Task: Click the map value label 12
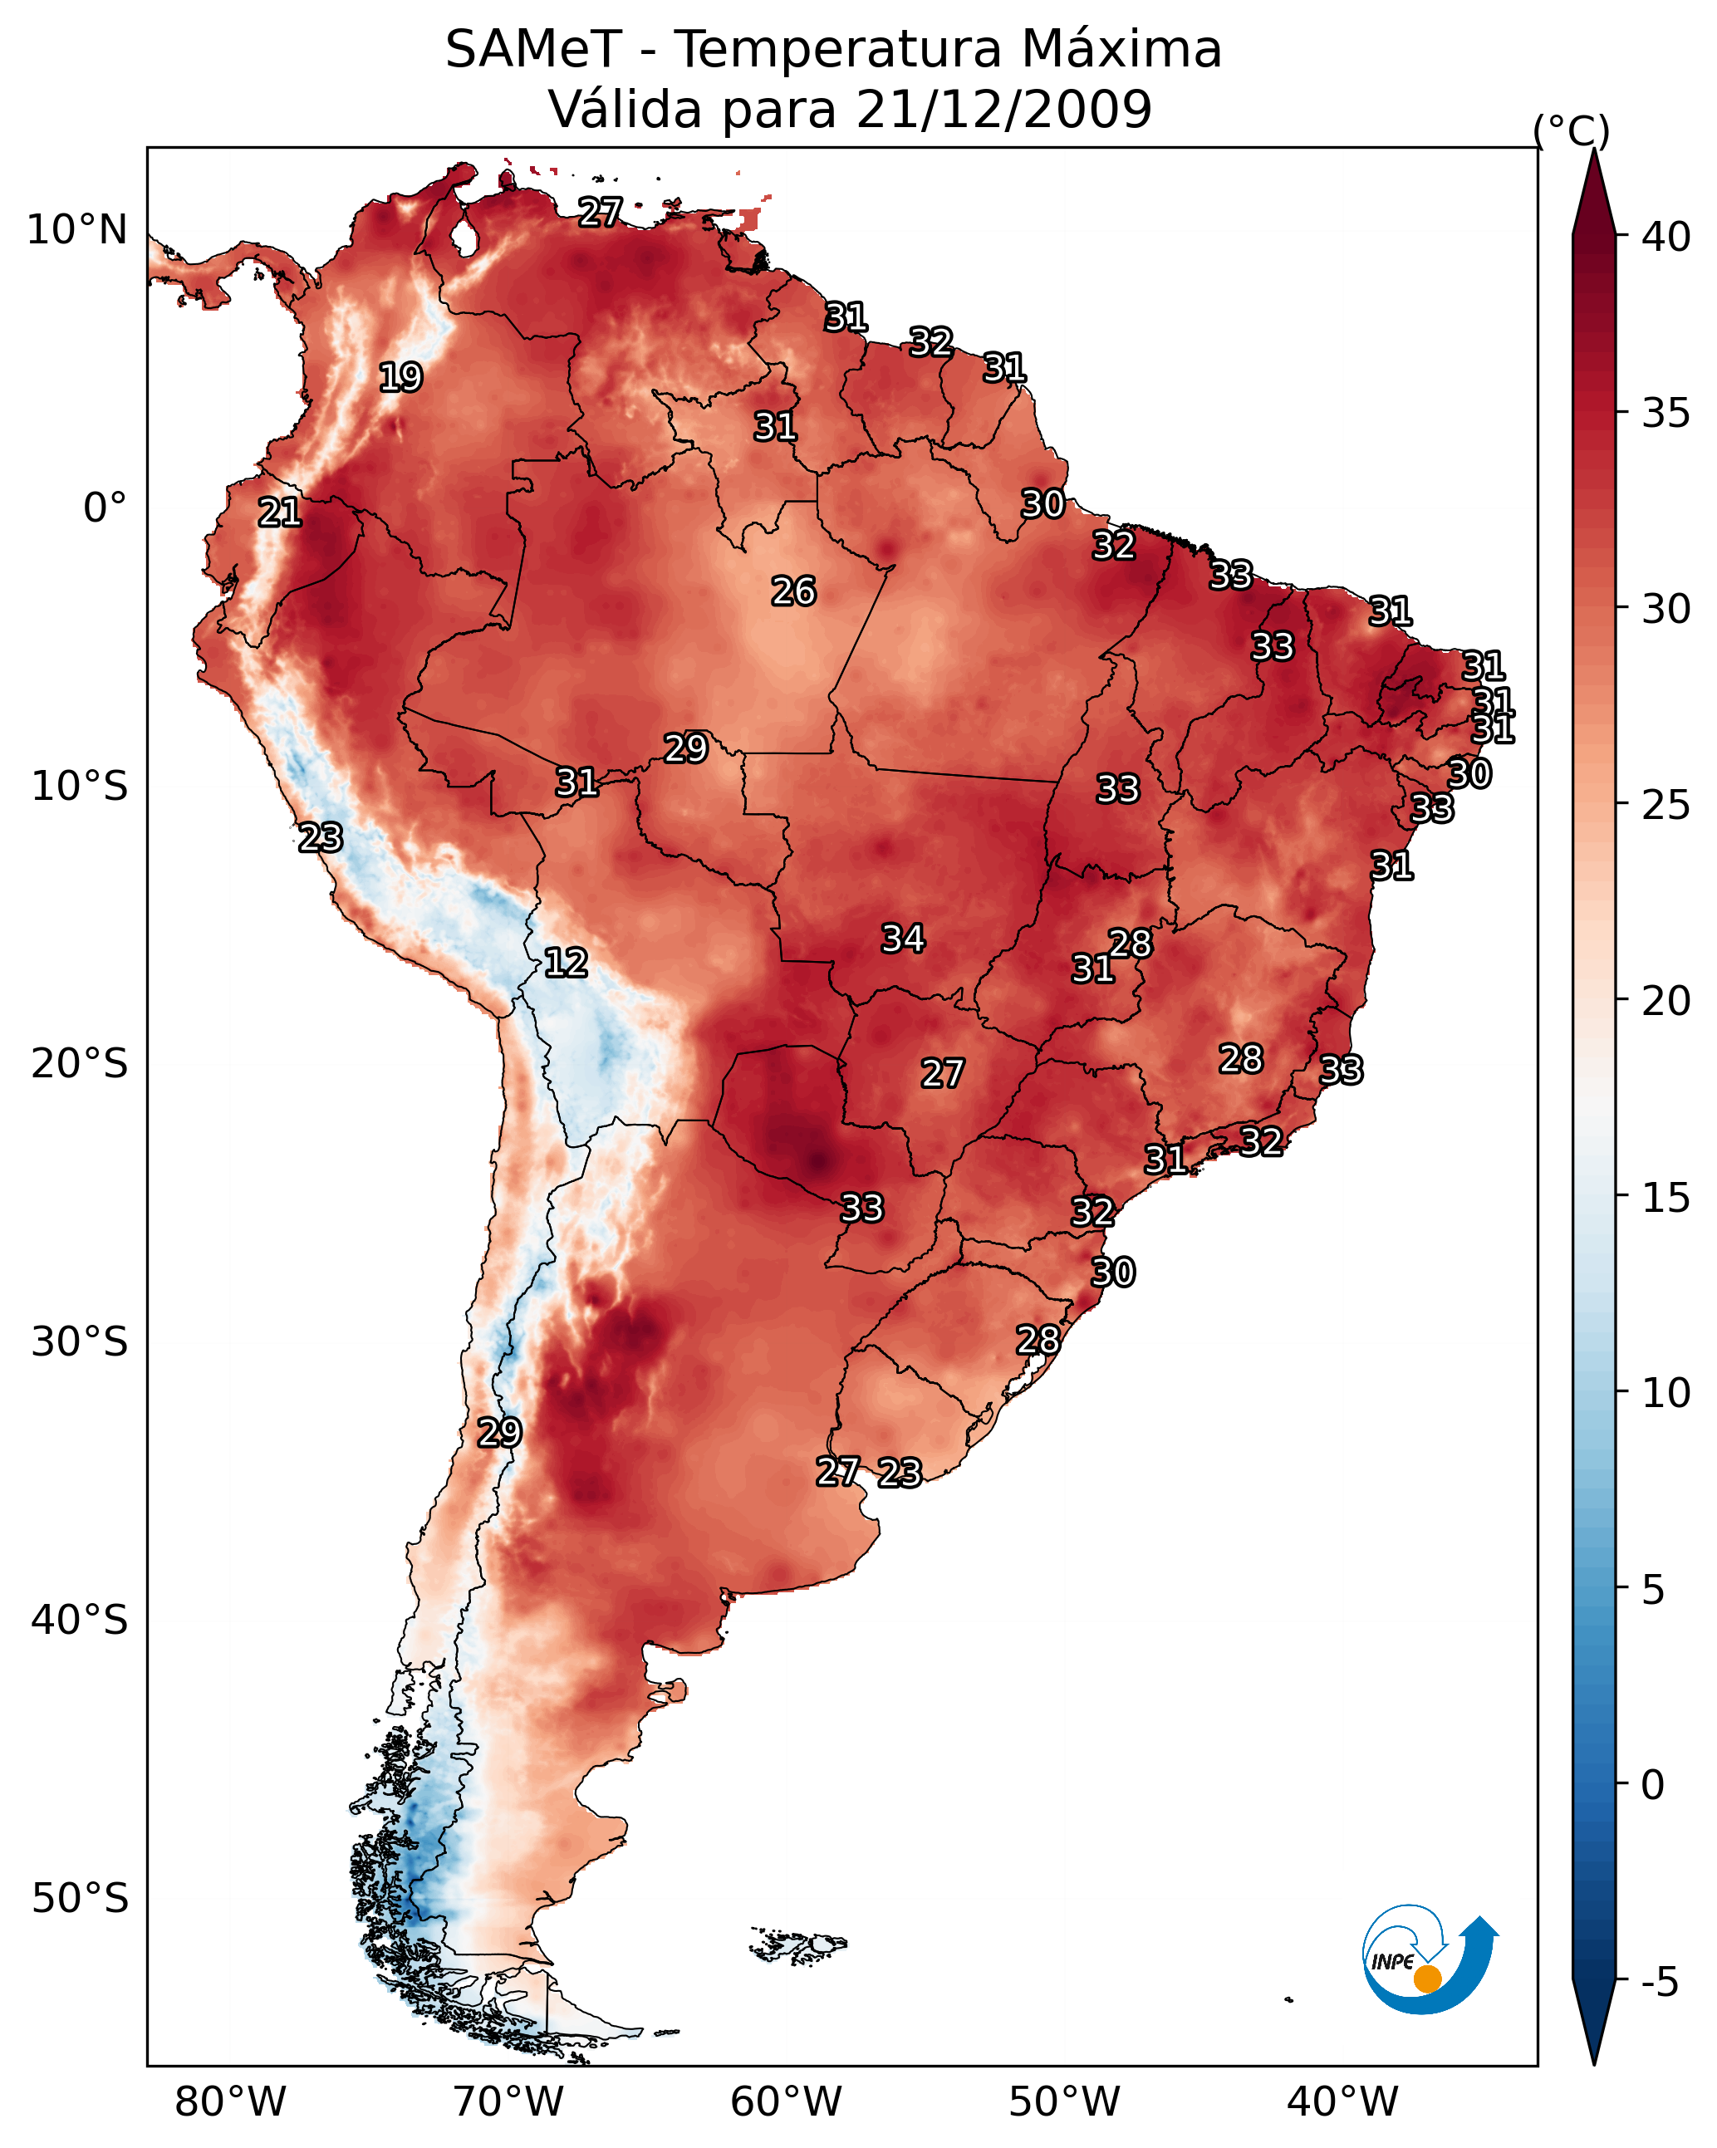point(566,963)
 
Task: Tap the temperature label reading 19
point(400,378)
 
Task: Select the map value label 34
point(903,939)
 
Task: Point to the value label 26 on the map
point(793,591)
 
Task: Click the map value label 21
point(280,513)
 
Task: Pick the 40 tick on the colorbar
point(1666,237)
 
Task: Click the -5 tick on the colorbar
point(1659,1983)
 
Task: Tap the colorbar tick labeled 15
point(1666,1198)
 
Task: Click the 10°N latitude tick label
point(76,230)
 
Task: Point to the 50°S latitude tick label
point(80,1899)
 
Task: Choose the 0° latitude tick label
point(105,508)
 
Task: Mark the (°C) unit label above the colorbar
point(1571,130)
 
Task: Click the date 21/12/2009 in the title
point(1003,110)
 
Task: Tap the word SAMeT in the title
point(533,50)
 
